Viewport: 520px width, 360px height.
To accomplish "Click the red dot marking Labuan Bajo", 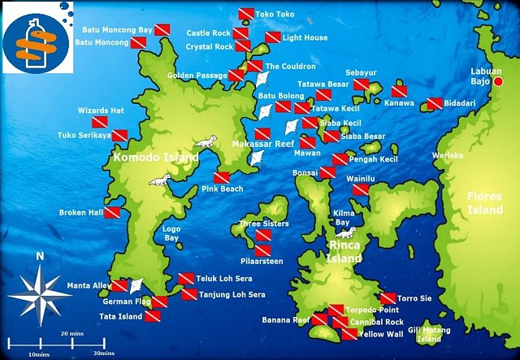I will pos(499,81).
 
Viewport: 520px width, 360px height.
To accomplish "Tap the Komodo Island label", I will pos(155,157).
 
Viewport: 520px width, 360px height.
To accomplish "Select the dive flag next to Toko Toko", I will pos(245,14).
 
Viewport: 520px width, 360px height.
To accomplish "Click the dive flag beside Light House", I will pos(273,37).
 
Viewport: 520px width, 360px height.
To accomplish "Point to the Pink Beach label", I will pos(222,189).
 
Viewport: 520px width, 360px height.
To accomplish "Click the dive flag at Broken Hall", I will pos(112,212).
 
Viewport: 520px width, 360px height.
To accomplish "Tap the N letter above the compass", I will pos(40,257).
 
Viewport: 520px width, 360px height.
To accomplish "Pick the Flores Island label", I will pos(485,202).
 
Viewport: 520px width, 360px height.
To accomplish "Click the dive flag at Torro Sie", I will pos(388,298).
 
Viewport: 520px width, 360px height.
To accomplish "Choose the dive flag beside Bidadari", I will pos(434,104).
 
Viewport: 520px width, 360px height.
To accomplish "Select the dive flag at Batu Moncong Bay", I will pos(162,30).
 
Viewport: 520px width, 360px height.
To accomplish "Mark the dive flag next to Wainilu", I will pos(361,189).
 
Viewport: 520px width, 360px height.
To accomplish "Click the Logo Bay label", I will pos(171,233).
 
